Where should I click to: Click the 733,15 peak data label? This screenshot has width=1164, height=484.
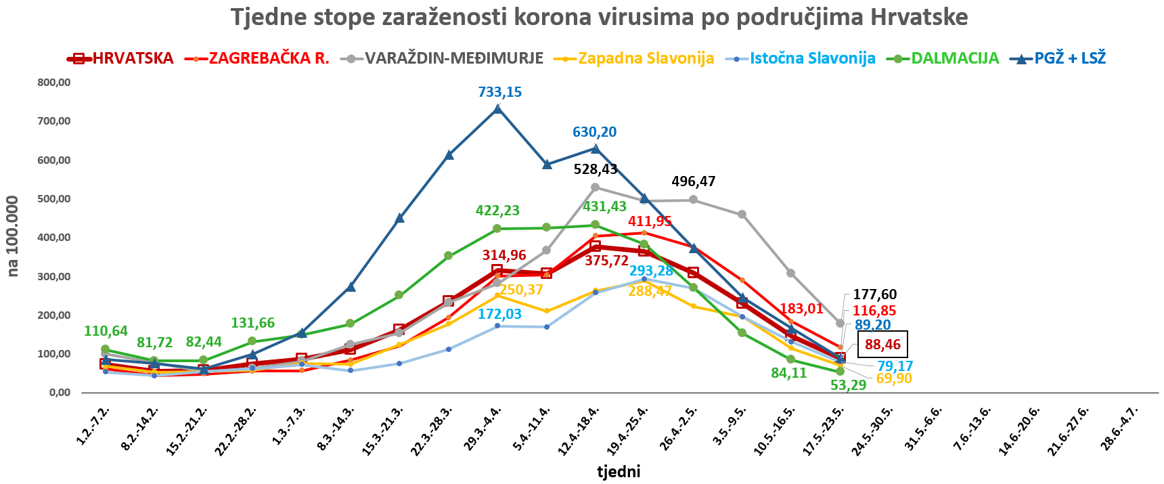499,92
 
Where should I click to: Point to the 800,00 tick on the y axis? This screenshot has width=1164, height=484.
54,83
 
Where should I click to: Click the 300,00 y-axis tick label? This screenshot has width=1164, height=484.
54,276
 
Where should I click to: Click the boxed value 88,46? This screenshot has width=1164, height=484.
882,345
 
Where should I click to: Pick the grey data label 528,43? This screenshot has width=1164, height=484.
596,169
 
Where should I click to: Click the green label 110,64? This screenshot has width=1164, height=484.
106,331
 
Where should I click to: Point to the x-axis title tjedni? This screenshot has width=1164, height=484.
618,471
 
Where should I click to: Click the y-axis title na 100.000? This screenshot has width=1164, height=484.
13,236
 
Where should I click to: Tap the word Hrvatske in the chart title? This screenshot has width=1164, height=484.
919,17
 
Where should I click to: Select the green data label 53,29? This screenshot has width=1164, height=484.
849,385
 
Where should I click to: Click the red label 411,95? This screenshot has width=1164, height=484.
650,221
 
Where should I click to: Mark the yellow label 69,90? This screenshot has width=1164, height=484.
893,378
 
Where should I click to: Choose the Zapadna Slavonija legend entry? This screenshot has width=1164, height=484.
646,58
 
